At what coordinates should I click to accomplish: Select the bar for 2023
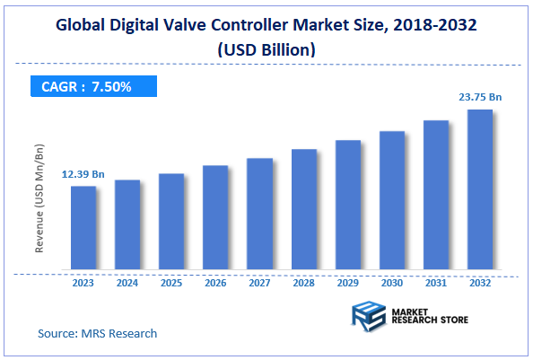83,227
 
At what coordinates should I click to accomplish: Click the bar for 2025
171,221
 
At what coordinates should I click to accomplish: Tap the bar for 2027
259,214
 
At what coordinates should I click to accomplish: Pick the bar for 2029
347,205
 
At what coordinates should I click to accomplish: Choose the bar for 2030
391,200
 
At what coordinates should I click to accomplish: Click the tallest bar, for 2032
479,189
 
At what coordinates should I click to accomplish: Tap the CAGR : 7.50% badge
88,86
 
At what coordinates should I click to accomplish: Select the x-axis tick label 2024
127,284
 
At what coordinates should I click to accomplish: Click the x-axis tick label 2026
215,284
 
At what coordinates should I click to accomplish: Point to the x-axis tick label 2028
303,284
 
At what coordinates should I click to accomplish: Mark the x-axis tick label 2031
435,284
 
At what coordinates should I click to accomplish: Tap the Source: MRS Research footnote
97,333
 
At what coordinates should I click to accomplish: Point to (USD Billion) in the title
266,51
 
